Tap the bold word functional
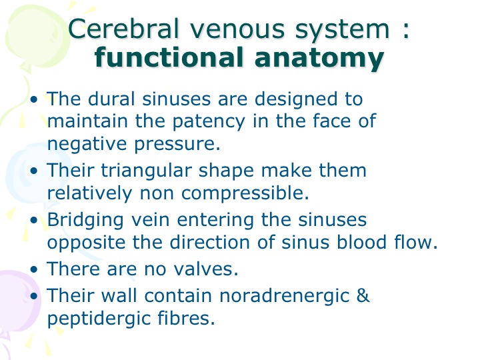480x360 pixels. pyautogui.click(x=169, y=57)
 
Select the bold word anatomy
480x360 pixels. pyautogui.click(x=319, y=59)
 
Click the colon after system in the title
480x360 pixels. pyautogui.click(x=406, y=30)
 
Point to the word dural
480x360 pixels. pyautogui.click(x=111, y=99)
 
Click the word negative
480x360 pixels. pyautogui.click(x=87, y=144)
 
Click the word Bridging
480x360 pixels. pyautogui.click(x=85, y=221)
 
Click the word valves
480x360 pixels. pyautogui.click(x=206, y=269)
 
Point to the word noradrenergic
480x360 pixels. pyautogui.click(x=285, y=296)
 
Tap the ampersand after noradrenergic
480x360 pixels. pyautogui.click(x=363, y=295)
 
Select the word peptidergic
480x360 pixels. pyautogui.click(x=98, y=319)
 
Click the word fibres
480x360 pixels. pyautogui.click(x=187, y=318)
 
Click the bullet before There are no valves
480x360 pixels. pyautogui.click(x=34, y=269)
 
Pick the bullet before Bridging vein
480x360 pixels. pyautogui.click(x=34, y=220)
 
